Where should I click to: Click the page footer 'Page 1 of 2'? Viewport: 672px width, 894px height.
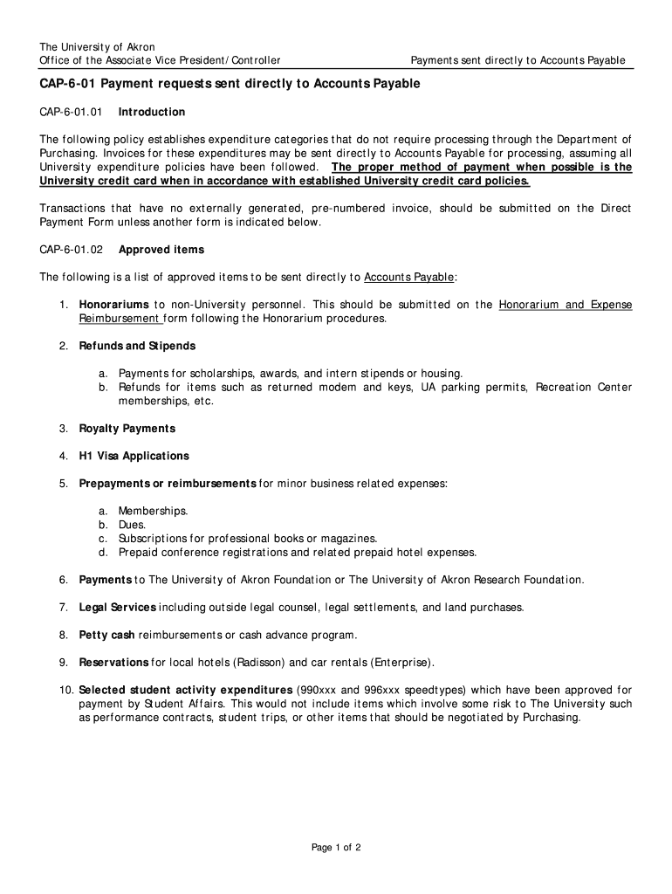[336, 847]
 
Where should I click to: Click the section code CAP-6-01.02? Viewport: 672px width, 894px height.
[72, 250]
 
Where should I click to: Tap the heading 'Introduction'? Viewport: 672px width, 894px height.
[152, 113]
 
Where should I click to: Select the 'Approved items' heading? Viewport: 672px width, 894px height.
[161, 250]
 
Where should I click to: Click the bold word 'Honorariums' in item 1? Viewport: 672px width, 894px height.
[114, 305]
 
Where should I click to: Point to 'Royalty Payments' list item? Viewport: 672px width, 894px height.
[127, 429]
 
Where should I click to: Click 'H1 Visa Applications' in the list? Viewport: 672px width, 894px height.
[134, 456]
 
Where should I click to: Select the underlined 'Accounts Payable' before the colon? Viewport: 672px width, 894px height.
[409, 278]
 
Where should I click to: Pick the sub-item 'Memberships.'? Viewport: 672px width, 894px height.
[154, 511]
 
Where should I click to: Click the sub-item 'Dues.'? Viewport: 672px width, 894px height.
[133, 525]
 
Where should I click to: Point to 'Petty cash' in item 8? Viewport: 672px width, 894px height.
[106, 635]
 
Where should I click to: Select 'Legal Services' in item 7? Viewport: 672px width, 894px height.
[118, 607]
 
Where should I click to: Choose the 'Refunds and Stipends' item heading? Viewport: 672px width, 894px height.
[137, 347]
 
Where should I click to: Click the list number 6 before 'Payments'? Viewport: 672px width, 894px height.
[64, 580]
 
